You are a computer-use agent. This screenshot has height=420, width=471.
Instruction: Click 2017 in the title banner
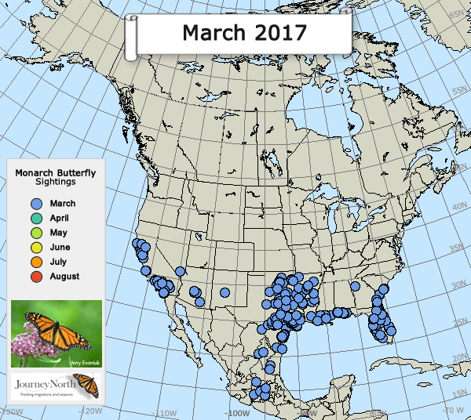(276, 32)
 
